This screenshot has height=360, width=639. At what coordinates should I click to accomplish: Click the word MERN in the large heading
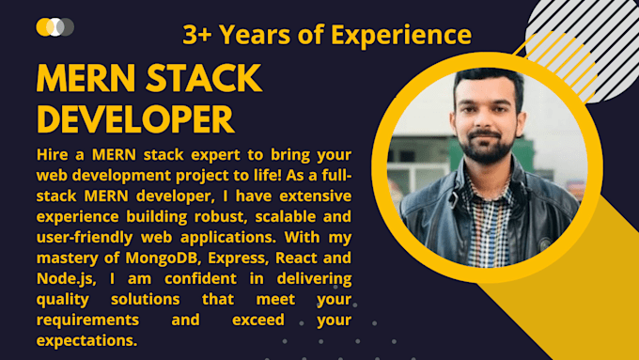pos(81,80)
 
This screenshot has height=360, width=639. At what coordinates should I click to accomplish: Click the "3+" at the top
pos(197,36)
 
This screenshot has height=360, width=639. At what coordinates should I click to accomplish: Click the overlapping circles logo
pos(55,26)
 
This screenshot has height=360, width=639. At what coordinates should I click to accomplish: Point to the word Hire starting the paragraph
pos(52,154)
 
